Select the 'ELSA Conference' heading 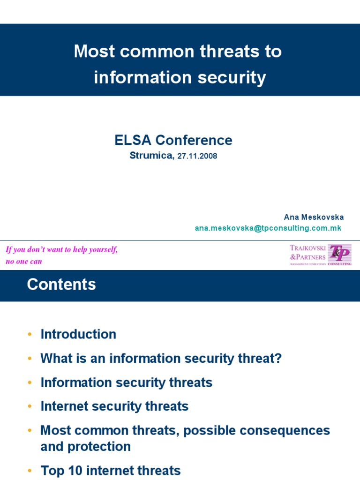click(x=173, y=140)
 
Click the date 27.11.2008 click(x=197, y=157)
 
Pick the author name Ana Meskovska click(x=314, y=217)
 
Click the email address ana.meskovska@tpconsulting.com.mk click(x=268, y=228)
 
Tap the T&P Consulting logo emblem click(x=339, y=254)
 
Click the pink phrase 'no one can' click(x=24, y=262)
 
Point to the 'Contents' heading click(x=61, y=285)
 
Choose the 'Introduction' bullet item click(x=78, y=334)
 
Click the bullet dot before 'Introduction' click(x=30, y=335)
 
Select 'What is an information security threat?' click(x=161, y=359)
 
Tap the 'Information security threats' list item click(x=127, y=382)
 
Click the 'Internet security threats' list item click(x=114, y=406)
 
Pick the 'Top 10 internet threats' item click(x=111, y=471)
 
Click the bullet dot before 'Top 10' click(x=30, y=471)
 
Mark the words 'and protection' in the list click(x=86, y=446)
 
